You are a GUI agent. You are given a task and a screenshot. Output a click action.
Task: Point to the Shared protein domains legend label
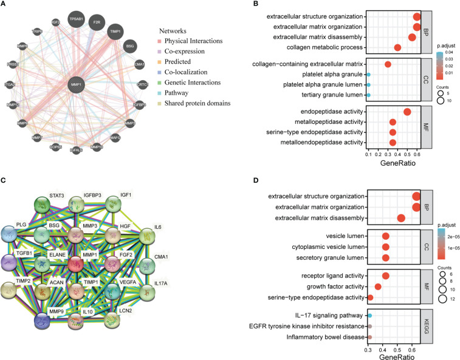point(202,104)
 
